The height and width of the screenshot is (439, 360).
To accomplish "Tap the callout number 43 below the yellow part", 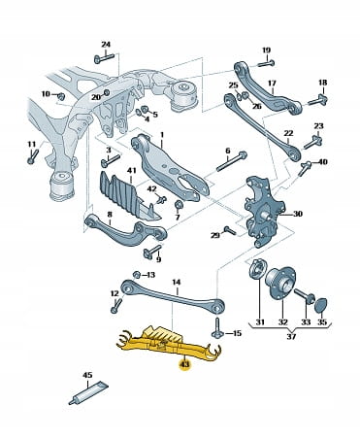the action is pos(185,365).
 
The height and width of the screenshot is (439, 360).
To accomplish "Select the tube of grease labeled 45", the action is pos(88,392).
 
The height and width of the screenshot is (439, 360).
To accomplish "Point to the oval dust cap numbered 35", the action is pos(321,305).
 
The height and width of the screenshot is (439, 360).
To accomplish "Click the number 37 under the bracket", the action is pos(291,337).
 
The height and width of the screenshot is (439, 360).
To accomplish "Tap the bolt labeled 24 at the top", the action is pos(104,58).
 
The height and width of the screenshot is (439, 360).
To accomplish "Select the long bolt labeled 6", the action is pos(231,162).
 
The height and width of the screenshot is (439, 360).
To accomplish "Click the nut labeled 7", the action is pos(179,205).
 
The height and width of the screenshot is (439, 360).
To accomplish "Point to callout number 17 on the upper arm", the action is pos(272,84).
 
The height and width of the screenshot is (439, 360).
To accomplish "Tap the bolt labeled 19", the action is pos(267,63).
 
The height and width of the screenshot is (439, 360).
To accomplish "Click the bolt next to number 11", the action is pos(33,156).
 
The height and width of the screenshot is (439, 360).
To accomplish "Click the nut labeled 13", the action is pos(137,275).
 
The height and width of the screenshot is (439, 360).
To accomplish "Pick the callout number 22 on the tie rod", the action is pos(288,133).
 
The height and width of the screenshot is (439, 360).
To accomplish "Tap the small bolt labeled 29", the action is pos(230,230).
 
